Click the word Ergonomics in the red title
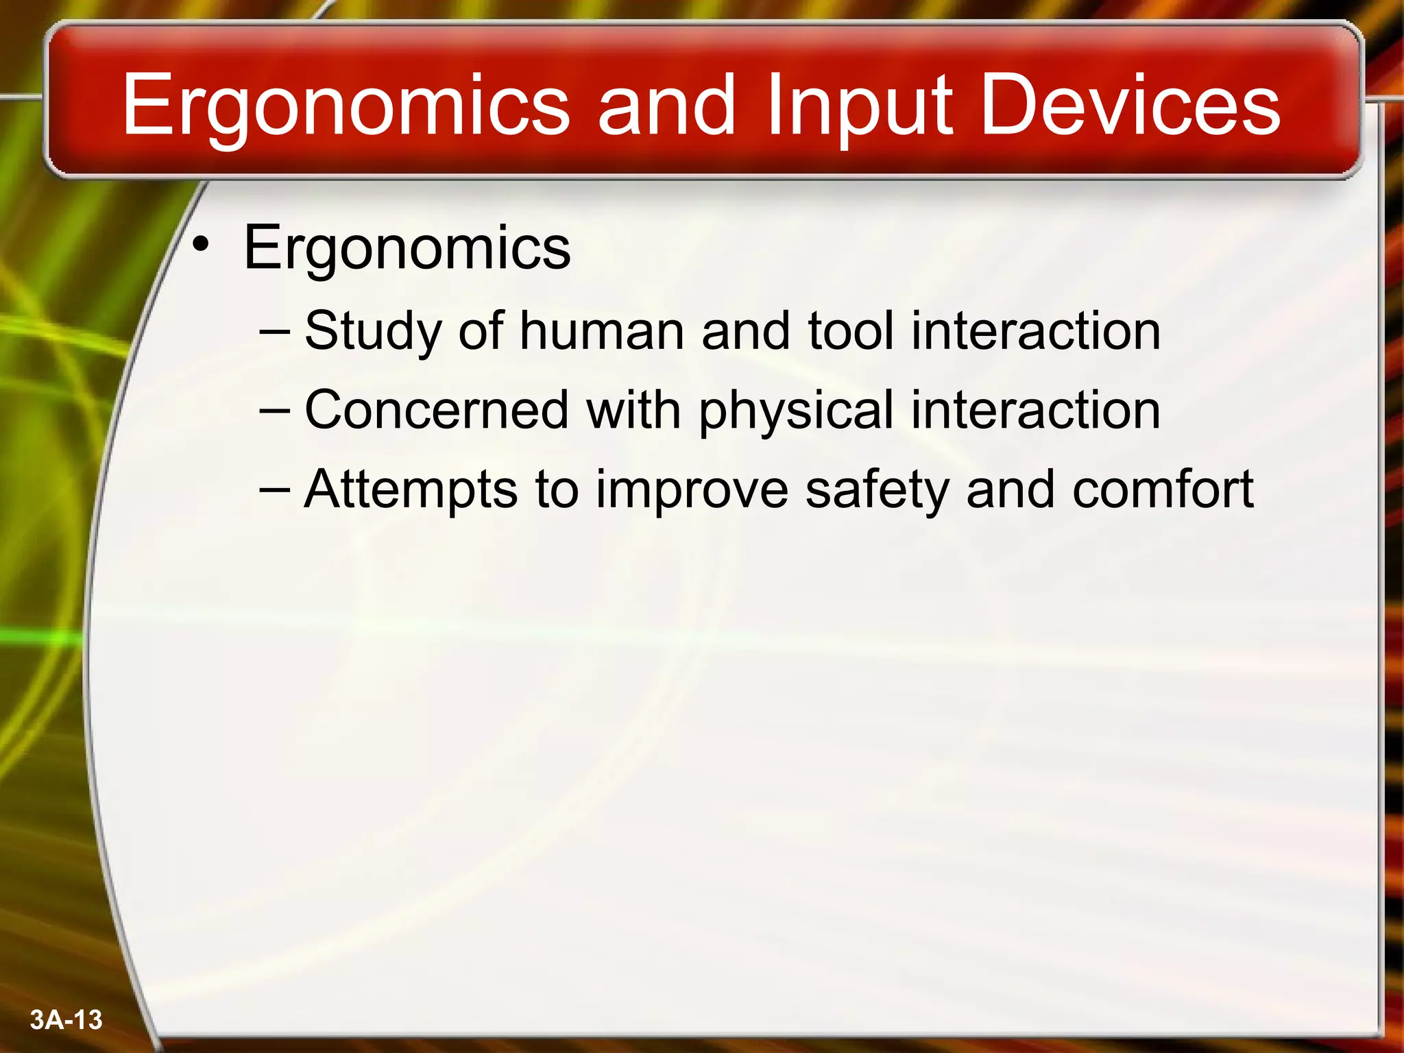tap(346, 106)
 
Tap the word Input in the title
tap(858, 106)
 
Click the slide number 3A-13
tap(66, 1019)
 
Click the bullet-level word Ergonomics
tap(407, 248)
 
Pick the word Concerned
tap(436, 410)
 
